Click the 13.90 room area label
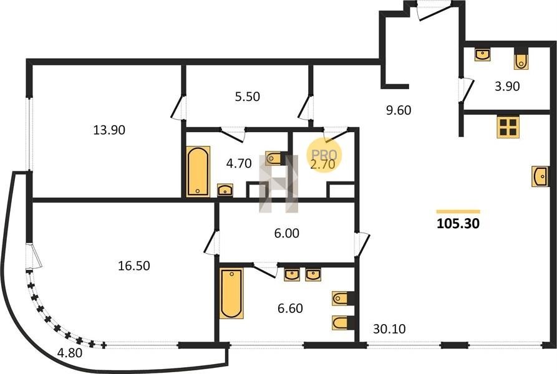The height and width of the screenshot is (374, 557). tap(109, 130)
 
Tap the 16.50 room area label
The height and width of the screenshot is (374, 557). tap(134, 266)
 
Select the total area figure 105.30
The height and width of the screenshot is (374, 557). tap(458, 224)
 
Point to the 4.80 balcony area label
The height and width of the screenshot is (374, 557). tap(70, 353)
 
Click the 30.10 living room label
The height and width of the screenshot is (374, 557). tap(389, 329)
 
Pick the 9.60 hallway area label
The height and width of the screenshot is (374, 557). tap(399, 110)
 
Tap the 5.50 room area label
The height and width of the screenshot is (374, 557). tap(248, 97)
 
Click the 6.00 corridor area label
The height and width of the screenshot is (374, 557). tap(287, 233)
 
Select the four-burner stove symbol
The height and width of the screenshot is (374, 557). tap(508, 127)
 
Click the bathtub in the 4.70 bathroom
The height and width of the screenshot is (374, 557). tap(198, 171)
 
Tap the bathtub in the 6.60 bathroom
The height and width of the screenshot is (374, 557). tap(231, 294)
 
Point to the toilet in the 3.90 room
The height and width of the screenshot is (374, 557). tap(521, 59)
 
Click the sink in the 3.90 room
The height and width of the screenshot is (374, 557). tap(483, 55)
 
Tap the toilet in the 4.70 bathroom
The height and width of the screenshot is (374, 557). tap(274, 158)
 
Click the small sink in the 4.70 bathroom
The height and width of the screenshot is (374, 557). tap(225, 190)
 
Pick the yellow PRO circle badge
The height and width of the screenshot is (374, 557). tap(324, 155)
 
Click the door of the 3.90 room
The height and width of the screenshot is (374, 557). tap(466, 90)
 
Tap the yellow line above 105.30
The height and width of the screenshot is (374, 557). tap(458, 212)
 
